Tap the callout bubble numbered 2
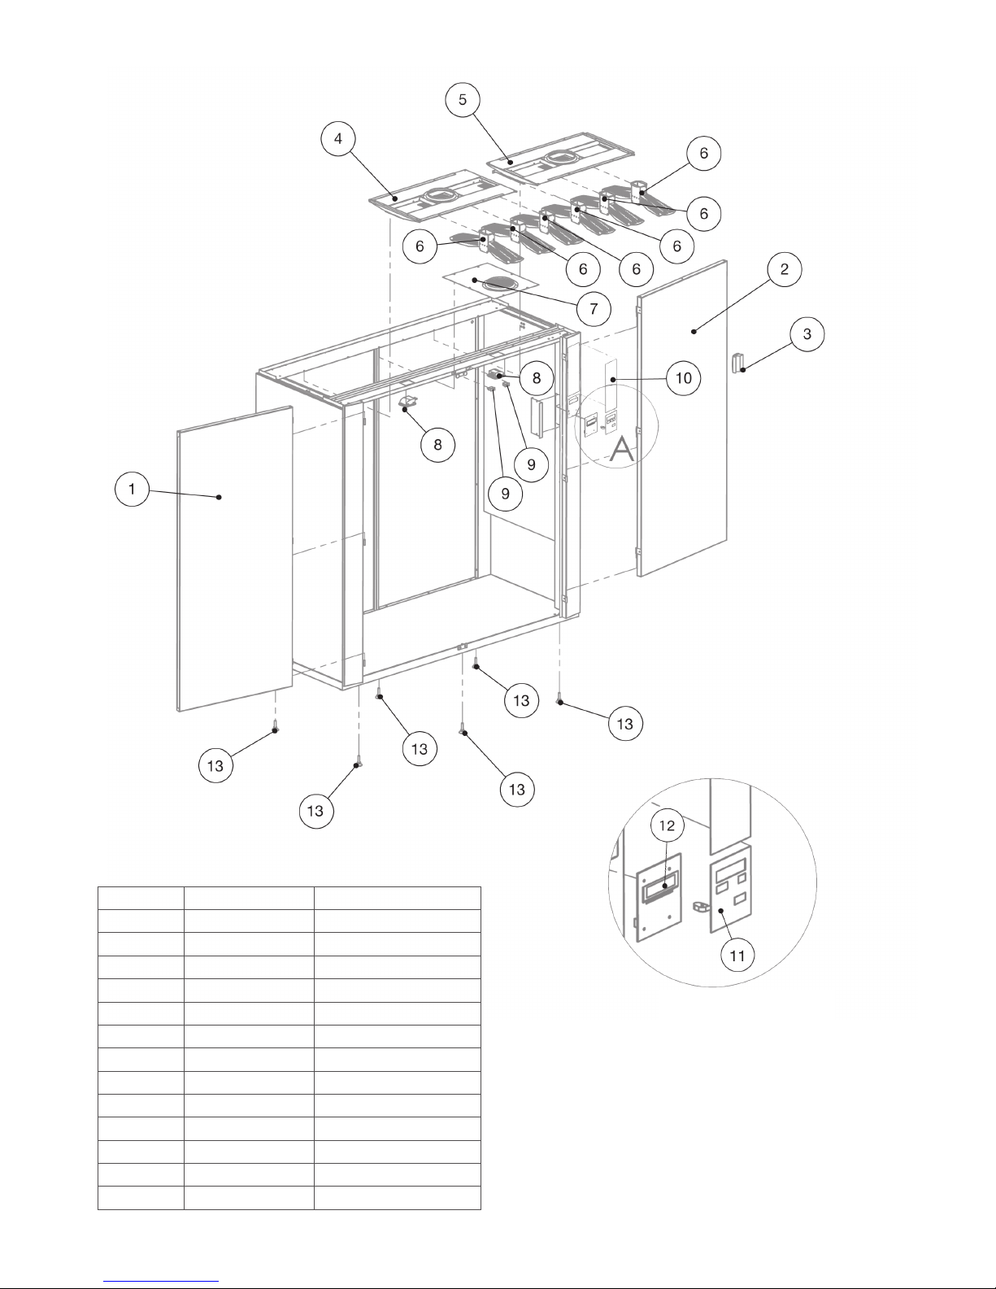785,269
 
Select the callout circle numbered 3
807,334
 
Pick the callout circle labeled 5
463,99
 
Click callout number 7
594,308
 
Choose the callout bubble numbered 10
685,378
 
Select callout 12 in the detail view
667,825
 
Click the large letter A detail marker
622,448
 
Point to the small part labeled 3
738,362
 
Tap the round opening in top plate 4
442,195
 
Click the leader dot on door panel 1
220,496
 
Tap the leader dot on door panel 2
694,330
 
